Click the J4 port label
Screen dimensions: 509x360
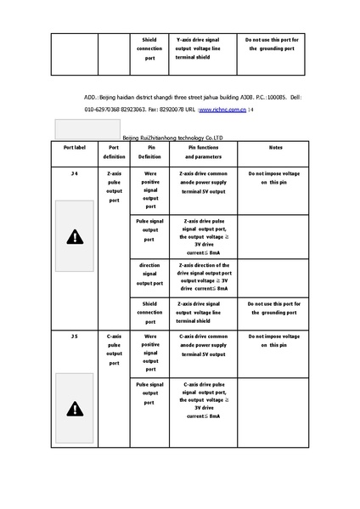coord(75,173)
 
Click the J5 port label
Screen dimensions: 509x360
coord(75,337)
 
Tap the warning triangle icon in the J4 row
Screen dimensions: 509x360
coord(76,237)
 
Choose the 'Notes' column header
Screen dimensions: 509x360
coord(275,147)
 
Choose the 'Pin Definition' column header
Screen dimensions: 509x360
coord(149,152)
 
